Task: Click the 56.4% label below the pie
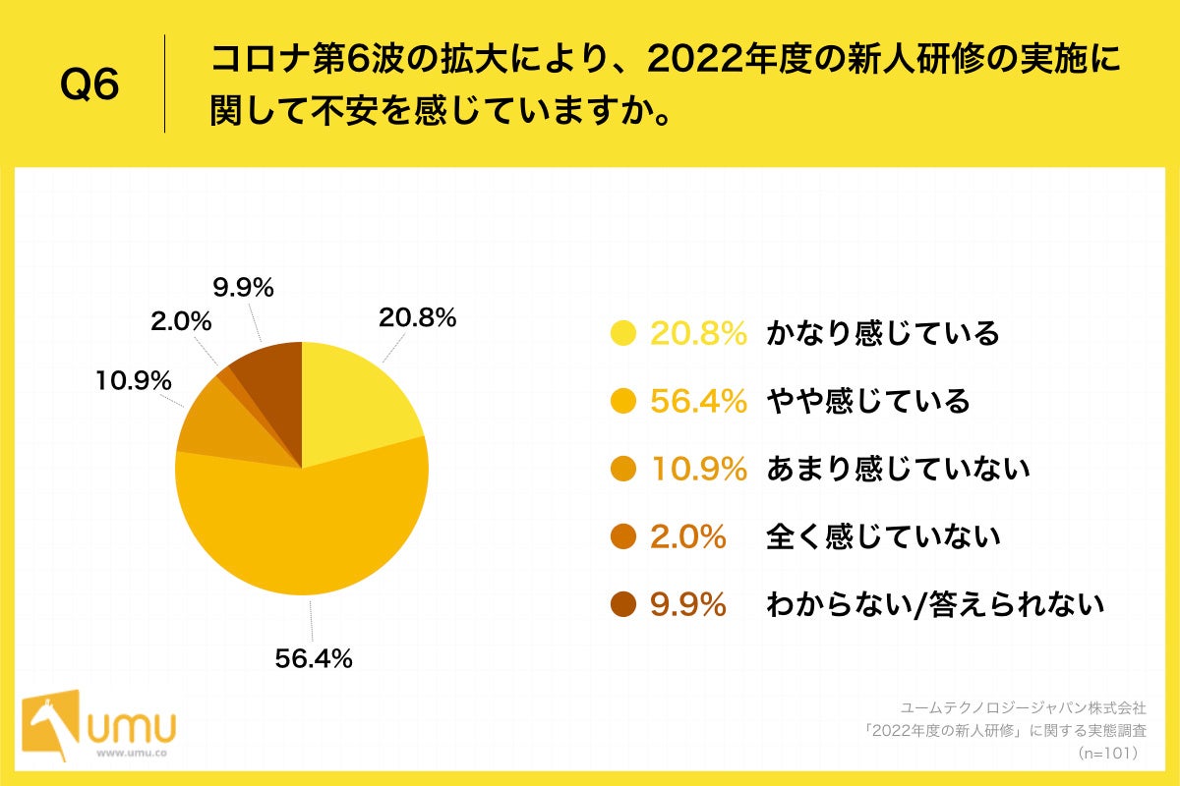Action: tap(314, 659)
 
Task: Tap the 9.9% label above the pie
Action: tap(243, 288)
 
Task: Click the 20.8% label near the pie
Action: tap(417, 318)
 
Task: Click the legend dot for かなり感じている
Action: tap(623, 334)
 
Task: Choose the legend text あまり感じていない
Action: tap(897, 469)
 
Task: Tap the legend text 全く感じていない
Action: tap(882, 536)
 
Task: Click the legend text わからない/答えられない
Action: tap(934, 604)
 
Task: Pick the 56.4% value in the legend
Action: tap(698, 401)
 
